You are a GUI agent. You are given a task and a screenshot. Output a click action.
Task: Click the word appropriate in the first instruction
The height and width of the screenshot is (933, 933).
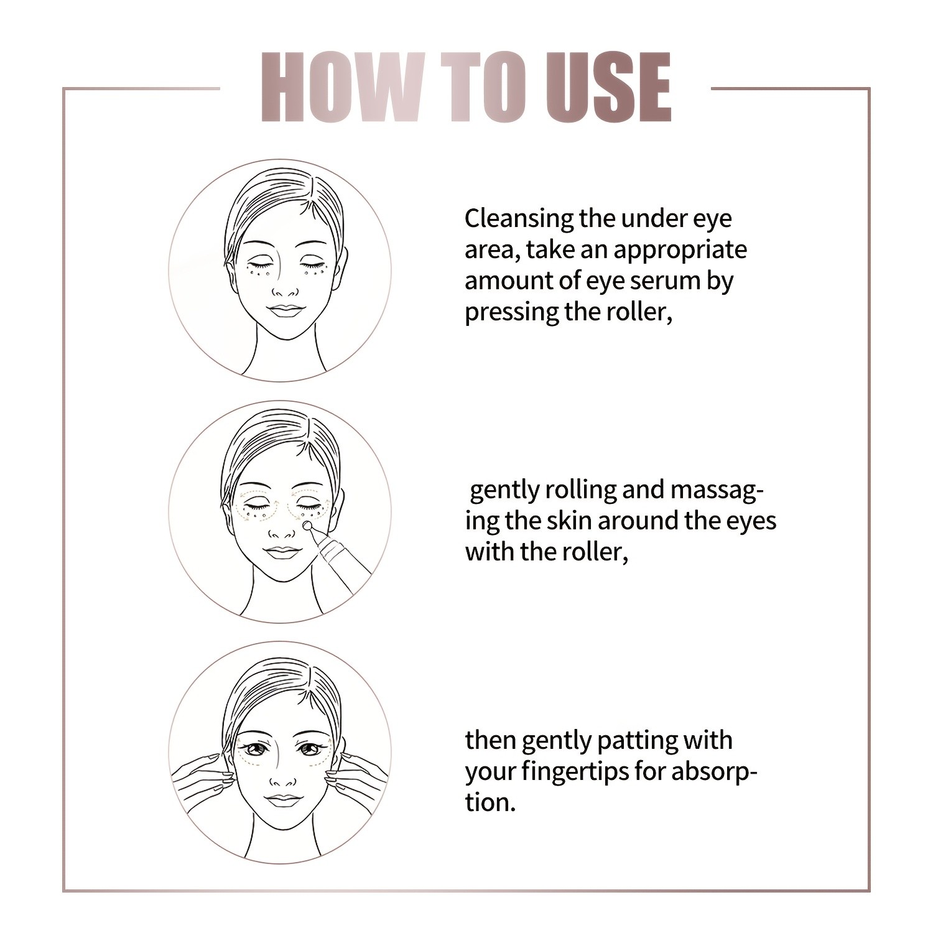tap(680, 250)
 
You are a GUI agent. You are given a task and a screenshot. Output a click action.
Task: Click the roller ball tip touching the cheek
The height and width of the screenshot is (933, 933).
tap(307, 526)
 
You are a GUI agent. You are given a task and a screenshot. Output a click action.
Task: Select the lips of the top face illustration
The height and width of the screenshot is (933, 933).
tap(284, 311)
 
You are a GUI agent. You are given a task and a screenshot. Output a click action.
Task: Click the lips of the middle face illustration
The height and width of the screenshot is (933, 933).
tap(282, 552)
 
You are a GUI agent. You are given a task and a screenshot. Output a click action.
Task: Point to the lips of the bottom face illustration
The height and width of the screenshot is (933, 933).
tap(282, 799)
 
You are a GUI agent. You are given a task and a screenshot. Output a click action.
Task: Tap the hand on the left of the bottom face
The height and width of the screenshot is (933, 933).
tap(199, 777)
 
